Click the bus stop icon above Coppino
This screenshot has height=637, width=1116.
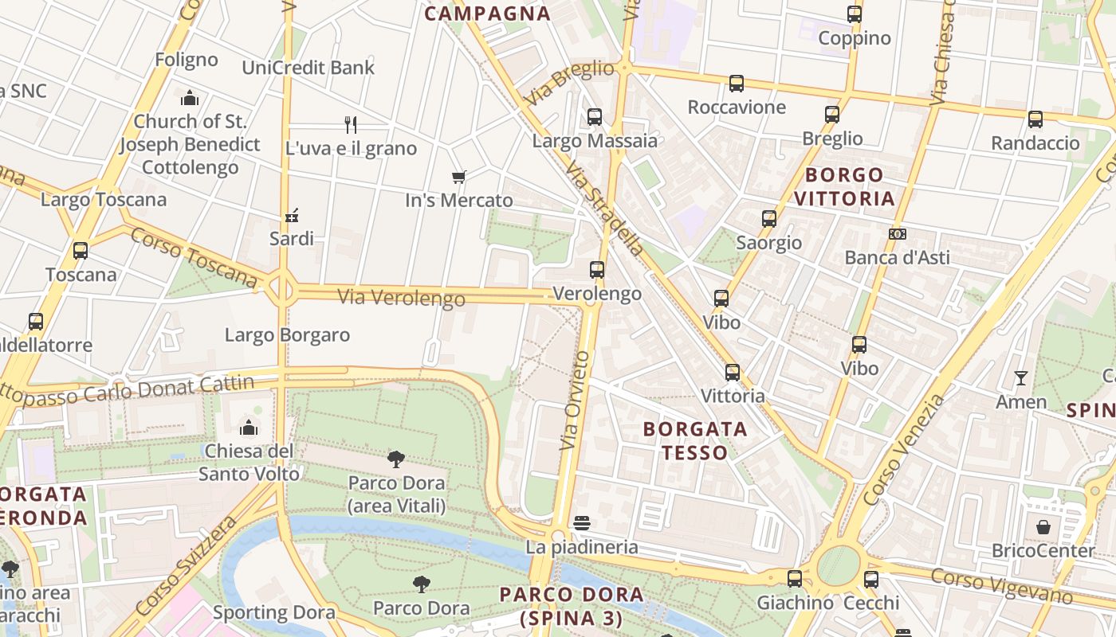click(x=855, y=14)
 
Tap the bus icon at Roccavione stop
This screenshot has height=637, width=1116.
click(x=737, y=84)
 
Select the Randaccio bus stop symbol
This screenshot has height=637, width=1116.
click(x=1035, y=119)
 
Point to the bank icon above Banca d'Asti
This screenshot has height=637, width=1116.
click(x=898, y=234)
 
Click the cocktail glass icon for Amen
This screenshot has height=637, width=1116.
click(x=1021, y=378)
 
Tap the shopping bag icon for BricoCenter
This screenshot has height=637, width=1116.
click(x=1043, y=527)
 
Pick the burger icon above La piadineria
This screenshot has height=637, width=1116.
click(x=582, y=523)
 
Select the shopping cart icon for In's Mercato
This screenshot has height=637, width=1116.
click(x=458, y=177)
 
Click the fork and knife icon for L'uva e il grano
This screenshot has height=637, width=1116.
click(x=351, y=124)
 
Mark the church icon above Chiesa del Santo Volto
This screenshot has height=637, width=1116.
click(x=249, y=428)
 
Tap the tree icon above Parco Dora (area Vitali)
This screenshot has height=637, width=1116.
click(x=396, y=459)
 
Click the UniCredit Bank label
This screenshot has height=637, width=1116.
click(x=308, y=68)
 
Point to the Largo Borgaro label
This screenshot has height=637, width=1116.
click(x=287, y=334)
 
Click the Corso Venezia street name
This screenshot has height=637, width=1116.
click(x=902, y=450)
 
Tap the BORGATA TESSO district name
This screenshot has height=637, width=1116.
click(x=695, y=440)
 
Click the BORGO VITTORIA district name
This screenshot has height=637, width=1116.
click(x=844, y=186)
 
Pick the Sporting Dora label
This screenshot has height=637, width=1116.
click(x=273, y=612)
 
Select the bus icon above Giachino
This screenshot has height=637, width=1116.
click(x=795, y=579)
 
